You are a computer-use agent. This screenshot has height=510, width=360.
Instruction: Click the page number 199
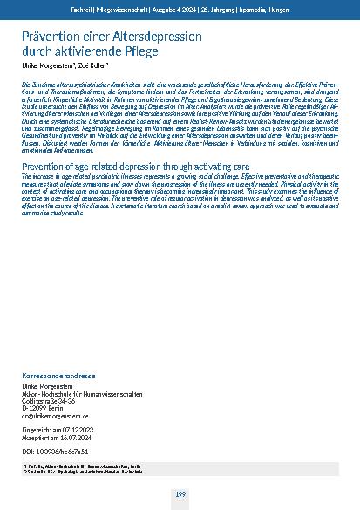click(180, 495)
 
